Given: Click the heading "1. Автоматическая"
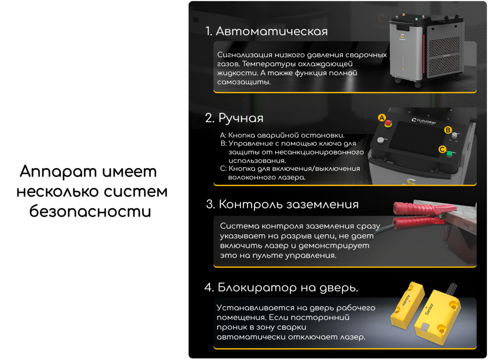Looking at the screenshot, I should [x=266, y=31].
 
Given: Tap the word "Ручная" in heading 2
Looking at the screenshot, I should [x=241, y=118].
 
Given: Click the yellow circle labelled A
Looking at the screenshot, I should [x=381, y=117].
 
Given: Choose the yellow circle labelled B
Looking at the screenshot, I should [x=447, y=130].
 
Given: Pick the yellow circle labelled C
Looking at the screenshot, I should [x=442, y=149].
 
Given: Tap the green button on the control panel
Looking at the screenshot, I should [x=450, y=153].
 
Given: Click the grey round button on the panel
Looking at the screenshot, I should [x=380, y=140].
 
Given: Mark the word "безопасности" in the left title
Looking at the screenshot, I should [x=90, y=210].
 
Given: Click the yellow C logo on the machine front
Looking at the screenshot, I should [x=402, y=36].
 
